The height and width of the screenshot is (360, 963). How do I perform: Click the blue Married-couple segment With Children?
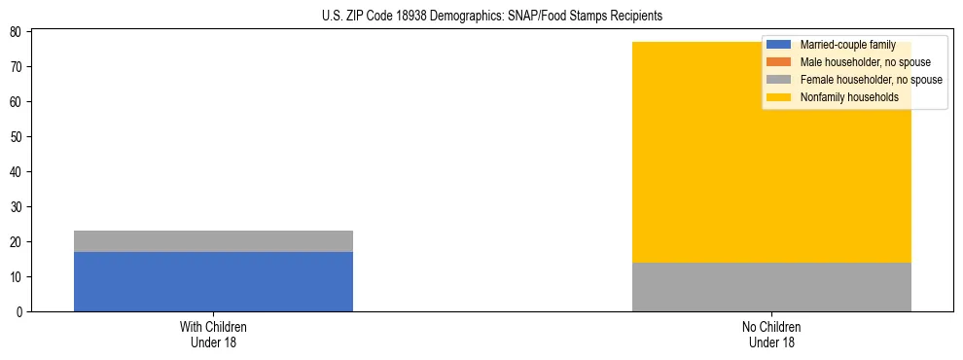(x=213, y=281)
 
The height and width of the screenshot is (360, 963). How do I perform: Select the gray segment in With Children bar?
(x=213, y=241)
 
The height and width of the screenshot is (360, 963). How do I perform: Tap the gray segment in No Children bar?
(x=771, y=287)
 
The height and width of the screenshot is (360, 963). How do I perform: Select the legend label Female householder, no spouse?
(x=871, y=80)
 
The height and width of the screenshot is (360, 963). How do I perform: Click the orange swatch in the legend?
(x=779, y=62)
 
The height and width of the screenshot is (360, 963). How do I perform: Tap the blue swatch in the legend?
(x=779, y=45)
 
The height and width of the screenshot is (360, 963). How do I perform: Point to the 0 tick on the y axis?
(x=20, y=312)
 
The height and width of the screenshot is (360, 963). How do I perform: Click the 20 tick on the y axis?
(x=18, y=242)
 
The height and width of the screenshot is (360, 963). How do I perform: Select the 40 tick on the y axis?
(x=18, y=172)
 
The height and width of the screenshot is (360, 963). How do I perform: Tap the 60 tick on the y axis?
(x=18, y=102)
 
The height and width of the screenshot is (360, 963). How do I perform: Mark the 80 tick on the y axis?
(x=18, y=32)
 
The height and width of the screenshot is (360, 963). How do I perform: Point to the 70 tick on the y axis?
(x=18, y=67)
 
